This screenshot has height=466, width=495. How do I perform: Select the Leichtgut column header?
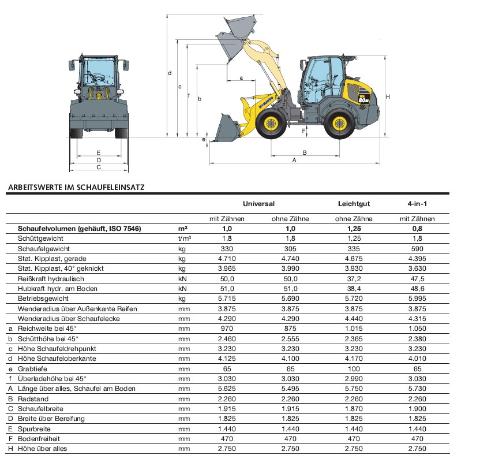tap(353, 204)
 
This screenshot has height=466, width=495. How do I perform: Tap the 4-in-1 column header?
tap(417, 204)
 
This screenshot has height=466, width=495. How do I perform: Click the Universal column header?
tap(258, 204)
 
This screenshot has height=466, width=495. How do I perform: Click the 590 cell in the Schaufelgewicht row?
tap(417, 249)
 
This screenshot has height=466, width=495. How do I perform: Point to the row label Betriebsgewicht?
tap(43, 299)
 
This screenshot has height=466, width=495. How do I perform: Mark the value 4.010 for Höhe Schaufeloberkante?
tap(417, 359)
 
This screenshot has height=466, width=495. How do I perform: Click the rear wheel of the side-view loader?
tap(340, 123)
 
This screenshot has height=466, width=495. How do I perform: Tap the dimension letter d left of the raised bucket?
tap(170, 73)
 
